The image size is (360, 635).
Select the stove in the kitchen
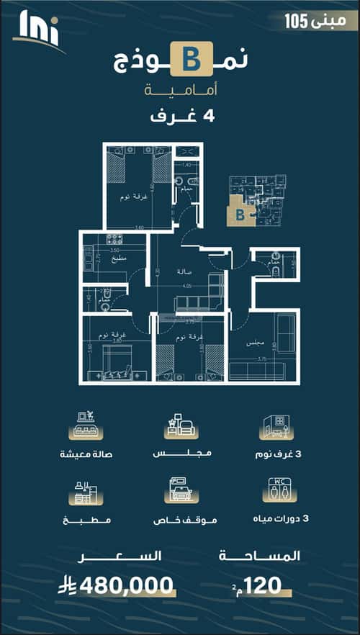113,240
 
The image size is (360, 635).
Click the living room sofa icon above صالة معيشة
86,425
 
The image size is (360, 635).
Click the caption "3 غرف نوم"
282,454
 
